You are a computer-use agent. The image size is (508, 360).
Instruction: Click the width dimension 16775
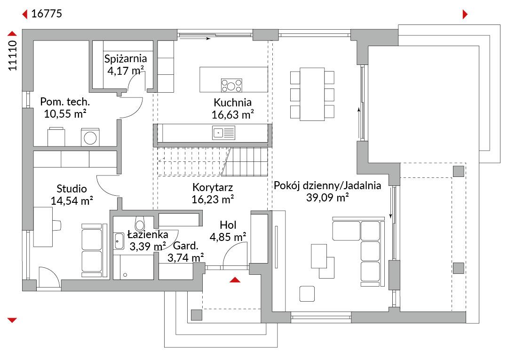[47, 14]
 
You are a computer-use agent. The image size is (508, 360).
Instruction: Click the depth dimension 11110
[12, 56]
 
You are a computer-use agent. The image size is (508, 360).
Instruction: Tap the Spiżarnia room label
[126, 59]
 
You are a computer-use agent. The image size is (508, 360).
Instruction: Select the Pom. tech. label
[65, 102]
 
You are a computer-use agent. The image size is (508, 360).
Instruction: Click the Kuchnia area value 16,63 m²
[232, 114]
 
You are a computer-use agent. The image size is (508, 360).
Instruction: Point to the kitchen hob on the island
[231, 85]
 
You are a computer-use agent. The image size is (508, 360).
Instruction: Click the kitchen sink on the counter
[223, 133]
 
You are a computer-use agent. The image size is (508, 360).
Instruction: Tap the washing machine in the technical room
[90, 138]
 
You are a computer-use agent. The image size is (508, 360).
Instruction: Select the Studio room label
[71, 189]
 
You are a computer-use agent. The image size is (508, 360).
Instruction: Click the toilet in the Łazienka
[140, 223]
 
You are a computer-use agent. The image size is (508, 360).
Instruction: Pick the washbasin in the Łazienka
[119, 241]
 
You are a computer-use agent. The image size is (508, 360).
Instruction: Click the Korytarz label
[213, 187]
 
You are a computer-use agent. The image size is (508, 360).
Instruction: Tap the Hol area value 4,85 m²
[228, 237]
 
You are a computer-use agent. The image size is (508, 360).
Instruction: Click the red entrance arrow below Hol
[235, 280]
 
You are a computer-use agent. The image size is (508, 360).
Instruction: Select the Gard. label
[186, 246]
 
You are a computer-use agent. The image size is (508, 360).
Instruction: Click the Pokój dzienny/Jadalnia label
[327, 185]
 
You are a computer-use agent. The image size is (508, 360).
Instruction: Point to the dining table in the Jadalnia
[312, 94]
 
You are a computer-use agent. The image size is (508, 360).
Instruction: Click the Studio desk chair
[57, 225]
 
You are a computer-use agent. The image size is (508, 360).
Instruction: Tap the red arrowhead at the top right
[465, 14]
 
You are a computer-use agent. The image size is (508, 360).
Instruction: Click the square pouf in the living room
[307, 294]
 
